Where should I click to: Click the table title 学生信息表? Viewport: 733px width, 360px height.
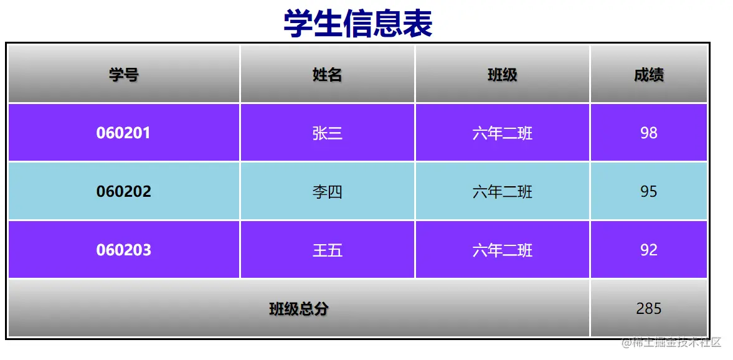[358, 24]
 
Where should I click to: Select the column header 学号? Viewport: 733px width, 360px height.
[124, 75]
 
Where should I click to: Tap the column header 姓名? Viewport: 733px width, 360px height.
[327, 75]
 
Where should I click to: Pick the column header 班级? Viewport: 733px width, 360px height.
[503, 75]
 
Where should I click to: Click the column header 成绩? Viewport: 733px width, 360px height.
[649, 75]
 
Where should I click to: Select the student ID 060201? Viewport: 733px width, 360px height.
[123, 133]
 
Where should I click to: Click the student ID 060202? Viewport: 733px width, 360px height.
[123, 192]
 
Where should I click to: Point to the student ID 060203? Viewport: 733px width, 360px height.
[123, 250]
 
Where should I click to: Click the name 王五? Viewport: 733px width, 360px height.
[327, 250]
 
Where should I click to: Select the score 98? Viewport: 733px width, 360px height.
[649, 133]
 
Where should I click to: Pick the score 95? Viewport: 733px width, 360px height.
[649, 192]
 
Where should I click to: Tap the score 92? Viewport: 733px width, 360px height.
[649, 250]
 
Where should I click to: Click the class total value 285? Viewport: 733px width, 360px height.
[649, 308]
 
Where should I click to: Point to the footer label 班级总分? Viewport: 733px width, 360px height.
[299, 309]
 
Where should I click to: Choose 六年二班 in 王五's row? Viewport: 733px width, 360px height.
[503, 250]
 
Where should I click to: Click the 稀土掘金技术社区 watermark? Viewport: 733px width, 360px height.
[671, 343]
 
